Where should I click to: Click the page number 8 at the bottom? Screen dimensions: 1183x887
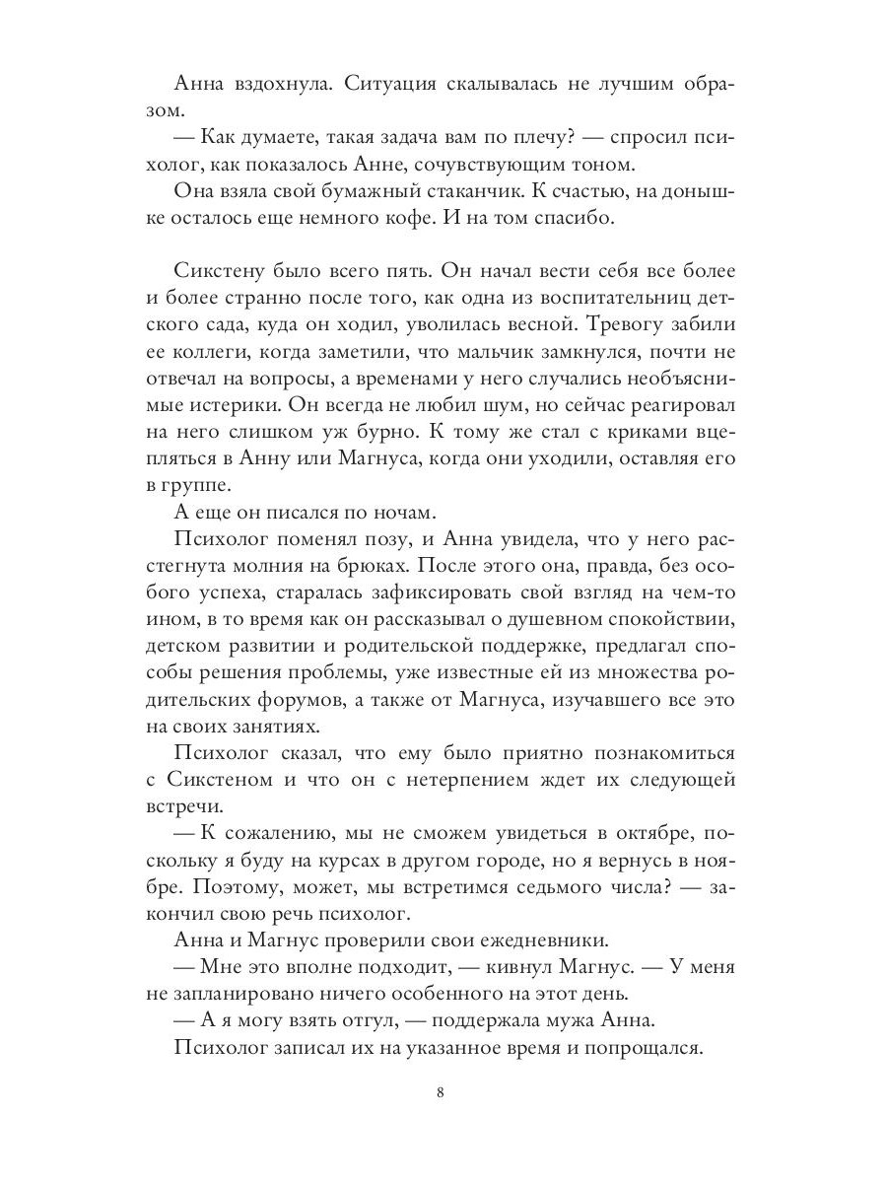[x=443, y=1092]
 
